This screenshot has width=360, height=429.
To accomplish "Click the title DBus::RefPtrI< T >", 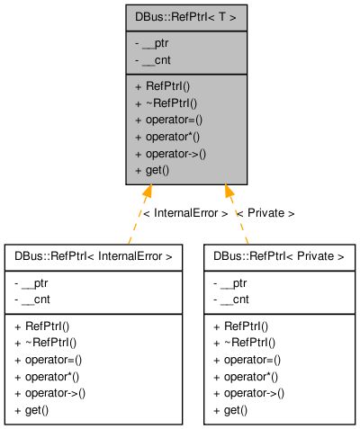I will tap(180, 16).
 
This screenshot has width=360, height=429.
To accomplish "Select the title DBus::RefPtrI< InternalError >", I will tap(94, 256).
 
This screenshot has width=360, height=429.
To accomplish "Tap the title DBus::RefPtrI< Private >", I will tap(279, 256).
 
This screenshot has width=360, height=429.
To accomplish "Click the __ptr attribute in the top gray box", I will tap(155, 42).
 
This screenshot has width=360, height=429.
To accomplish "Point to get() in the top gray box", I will tap(155, 169).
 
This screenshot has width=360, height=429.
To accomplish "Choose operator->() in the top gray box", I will tap(170, 153).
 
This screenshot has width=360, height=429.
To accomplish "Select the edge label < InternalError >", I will tap(184, 213).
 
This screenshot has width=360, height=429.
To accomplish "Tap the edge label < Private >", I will tap(265, 213).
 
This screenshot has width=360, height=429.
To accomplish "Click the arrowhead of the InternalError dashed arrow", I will tap(147, 191).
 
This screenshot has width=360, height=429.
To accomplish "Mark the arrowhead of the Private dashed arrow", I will tap(229, 191).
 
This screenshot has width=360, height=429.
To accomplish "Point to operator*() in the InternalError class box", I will tap(47, 376).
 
